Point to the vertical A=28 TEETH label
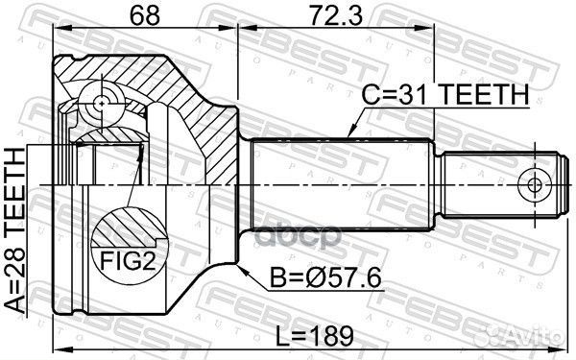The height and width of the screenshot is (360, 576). point(15,229)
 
